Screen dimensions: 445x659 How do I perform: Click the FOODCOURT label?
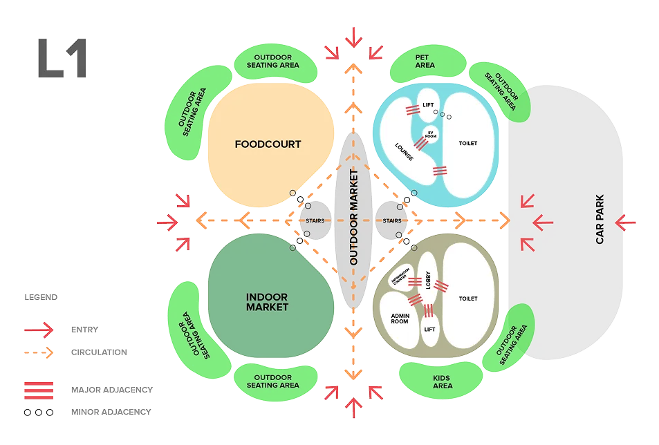click(x=268, y=144)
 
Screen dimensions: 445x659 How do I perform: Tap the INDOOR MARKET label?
click(x=267, y=302)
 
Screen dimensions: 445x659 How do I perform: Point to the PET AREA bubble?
click(x=425, y=61)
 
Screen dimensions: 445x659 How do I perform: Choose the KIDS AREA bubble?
click(x=443, y=381)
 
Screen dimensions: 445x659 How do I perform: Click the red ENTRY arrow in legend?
click(x=38, y=330)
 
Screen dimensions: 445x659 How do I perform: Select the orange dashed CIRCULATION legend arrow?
click(x=38, y=352)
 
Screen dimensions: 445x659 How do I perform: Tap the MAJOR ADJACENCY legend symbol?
click(x=38, y=389)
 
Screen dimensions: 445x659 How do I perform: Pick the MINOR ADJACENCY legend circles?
click(x=38, y=412)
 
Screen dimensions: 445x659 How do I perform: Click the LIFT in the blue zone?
click(x=428, y=104)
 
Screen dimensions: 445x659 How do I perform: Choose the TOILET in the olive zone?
click(x=468, y=299)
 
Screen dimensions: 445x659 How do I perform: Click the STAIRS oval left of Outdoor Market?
click(x=315, y=220)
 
